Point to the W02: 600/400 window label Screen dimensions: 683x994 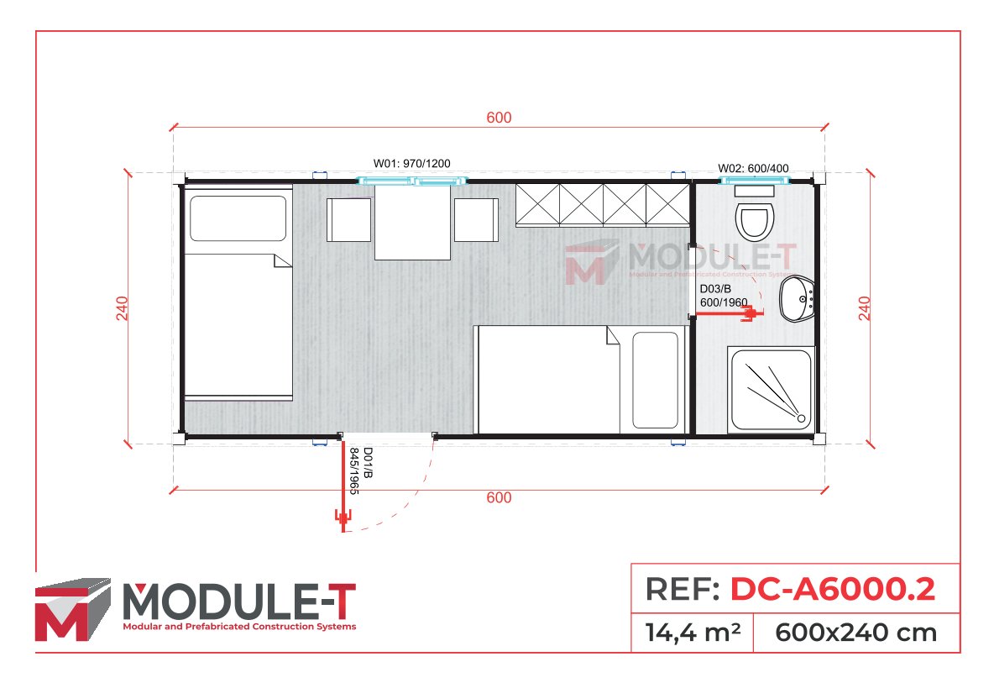(753, 168)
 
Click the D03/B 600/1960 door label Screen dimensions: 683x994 (723, 296)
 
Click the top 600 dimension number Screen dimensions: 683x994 (499, 118)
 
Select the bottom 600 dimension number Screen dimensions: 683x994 (499, 497)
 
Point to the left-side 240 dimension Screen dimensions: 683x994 (122, 308)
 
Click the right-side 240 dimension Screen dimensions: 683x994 (865, 308)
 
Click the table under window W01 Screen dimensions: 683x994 (413, 223)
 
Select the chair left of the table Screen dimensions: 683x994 (348, 219)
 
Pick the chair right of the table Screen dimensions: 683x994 (476, 219)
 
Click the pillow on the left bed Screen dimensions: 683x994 (238, 218)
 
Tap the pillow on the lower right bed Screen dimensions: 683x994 (655, 380)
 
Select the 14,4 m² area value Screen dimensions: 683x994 (692, 632)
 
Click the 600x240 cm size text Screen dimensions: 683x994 (855, 632)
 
